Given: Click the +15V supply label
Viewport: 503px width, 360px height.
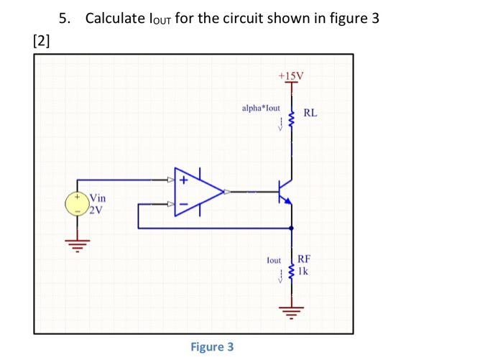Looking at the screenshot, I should point(291,75).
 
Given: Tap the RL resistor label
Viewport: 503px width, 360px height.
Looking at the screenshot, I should point(310,113).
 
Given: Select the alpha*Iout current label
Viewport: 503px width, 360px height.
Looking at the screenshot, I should point(261,108).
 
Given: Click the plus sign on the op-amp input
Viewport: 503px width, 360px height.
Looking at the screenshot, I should point(184,180).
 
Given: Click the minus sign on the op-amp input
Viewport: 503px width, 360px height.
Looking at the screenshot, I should point(184,205).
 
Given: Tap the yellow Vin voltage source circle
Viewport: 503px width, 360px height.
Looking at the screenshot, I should point(77,203).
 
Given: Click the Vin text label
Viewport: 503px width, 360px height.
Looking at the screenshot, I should point(98,198).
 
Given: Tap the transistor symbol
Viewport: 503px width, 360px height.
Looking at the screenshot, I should point(285,192).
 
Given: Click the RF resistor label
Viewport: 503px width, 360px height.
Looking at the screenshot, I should point(305,259).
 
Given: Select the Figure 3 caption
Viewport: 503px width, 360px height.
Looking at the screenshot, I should point(212,347).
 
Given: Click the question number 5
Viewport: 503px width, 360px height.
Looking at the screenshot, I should point(65,18).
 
